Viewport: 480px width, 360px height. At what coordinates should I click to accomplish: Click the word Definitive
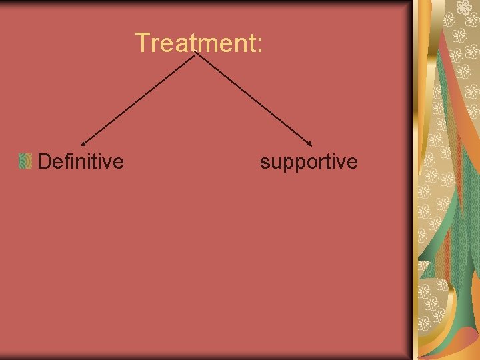pos(81,161)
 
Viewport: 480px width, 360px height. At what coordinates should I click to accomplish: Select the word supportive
pos(309,162)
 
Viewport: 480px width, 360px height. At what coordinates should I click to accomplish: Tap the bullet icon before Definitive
pos(25,161)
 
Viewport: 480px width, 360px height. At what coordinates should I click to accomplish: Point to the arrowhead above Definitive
pos(83,142)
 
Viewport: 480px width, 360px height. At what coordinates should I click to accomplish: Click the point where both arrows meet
pos(195,54)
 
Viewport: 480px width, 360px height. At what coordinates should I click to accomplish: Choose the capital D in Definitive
pos(45,161)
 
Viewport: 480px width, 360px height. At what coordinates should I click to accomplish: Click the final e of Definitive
pos(118,163)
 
